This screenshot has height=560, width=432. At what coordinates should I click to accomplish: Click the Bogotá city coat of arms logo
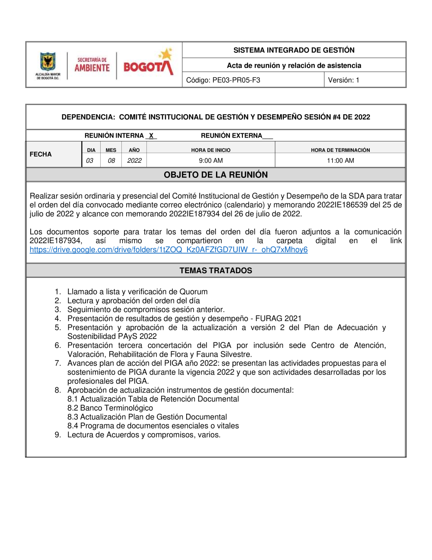click(48, 62)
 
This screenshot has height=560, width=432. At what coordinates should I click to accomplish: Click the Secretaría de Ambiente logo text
click(92, 65)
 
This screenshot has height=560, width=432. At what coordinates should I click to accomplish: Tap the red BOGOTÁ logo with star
click(148, 64)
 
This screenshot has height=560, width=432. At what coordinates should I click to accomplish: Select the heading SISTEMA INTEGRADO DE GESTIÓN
click(294, 50)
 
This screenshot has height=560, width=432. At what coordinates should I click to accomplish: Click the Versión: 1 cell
click(343, 80)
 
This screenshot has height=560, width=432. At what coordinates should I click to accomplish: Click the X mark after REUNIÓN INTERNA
click(151, 136)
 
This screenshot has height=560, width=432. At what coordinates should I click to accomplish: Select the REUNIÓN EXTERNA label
click(231, 136)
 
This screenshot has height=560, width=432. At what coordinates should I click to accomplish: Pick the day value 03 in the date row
click(89, 161)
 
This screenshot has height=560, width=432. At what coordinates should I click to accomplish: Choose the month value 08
click(111, 161)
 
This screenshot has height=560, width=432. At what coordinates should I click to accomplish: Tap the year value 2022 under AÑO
click(134, 161)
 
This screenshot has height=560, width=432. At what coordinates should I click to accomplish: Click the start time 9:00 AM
click(211, 161)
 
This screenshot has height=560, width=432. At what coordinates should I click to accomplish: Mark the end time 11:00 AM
click(340, 161)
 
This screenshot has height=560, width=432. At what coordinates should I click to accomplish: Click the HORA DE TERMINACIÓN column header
click(340, 150)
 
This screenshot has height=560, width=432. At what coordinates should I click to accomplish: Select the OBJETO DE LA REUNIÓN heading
click(216, 175)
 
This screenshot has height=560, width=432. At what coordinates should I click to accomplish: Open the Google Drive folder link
click(168, 250)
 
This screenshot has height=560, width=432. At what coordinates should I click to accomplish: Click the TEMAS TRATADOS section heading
click(216, 270)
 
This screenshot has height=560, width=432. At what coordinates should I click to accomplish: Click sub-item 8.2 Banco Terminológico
click(110, 408)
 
